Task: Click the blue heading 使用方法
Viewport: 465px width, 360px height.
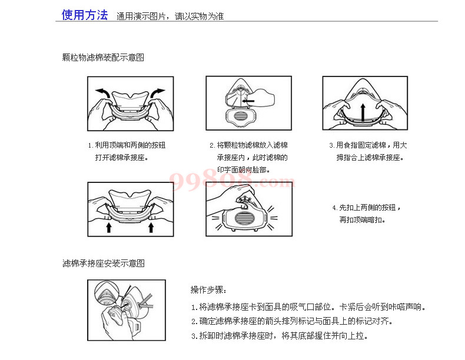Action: (85, 15)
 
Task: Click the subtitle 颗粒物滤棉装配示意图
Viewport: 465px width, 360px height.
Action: (103, 57)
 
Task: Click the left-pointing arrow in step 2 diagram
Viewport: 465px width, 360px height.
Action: (248, 101)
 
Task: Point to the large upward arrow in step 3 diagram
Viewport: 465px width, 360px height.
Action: (363, 112)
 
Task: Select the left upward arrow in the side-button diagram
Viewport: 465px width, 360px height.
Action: (109, 228)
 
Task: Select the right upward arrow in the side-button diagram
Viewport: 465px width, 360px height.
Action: (151, 228)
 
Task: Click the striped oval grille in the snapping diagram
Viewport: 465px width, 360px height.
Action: (244, 219)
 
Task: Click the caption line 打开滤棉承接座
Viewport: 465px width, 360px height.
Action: (122, 157)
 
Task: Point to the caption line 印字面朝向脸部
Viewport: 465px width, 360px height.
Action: (244, 170)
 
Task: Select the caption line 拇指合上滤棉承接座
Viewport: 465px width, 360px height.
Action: (370, 157)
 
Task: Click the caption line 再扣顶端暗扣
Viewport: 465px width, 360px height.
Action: (362, 219)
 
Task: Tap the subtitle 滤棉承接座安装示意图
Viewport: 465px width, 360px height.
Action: (104, 263)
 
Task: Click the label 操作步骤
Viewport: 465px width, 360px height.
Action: (208, 289)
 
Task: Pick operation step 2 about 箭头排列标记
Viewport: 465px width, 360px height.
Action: (292, 321)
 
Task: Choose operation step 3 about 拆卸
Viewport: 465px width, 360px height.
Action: (280, 335)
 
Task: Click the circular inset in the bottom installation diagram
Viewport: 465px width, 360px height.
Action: (107, 295)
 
